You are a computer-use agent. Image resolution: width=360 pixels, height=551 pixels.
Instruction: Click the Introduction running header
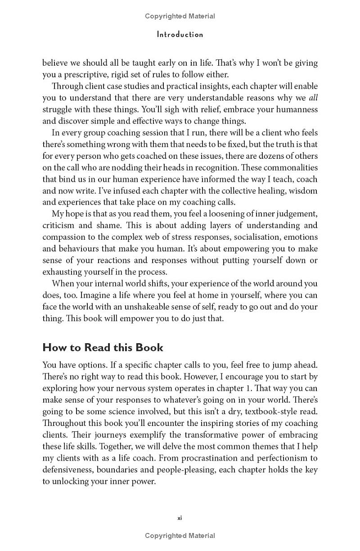(180, 35)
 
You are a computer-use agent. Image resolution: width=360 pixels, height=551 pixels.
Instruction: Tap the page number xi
(180, 518)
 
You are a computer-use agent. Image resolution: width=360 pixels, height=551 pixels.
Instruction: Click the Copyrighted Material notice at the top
(180, 16)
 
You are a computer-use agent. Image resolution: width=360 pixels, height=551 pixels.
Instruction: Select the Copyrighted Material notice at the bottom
(180, 536)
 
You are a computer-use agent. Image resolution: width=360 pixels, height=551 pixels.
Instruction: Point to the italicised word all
(313, 98)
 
